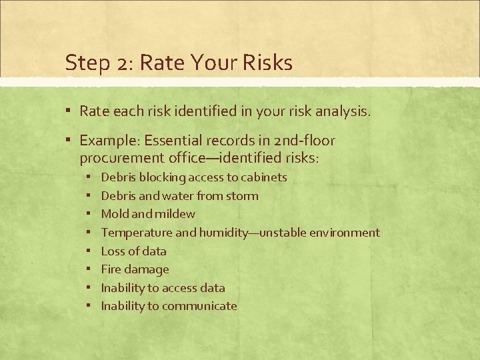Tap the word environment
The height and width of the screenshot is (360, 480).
342,233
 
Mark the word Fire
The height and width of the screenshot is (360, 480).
110,269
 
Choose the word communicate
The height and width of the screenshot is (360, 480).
199,306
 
